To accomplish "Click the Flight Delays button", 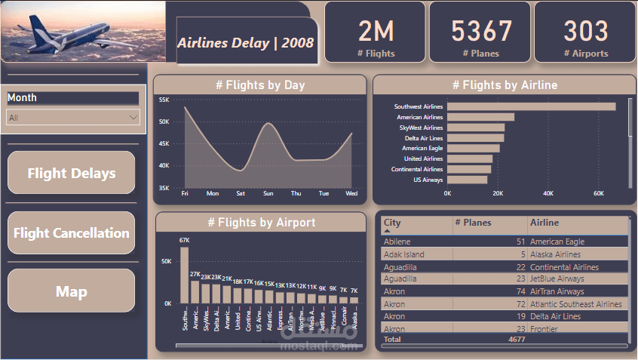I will [x=72, y=173].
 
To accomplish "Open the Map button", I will [x=72, y=291].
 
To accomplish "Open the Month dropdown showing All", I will [x=72, y=117].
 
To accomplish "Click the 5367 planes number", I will [x=481, y=31].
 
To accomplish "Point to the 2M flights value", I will [x=376, y=31].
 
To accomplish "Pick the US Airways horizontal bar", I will [x=467, y=180].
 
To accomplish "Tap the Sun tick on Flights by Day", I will [x=268, y=194].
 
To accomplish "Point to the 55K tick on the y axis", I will [x=164, y=99].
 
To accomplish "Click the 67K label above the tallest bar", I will [x=184, y=241].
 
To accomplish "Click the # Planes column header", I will [x=474, y=223].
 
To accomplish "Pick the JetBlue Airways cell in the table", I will [x=562, y=279].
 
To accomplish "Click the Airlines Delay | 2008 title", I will [x=246, y=42].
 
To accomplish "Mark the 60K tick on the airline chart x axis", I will [x=599, y=194].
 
